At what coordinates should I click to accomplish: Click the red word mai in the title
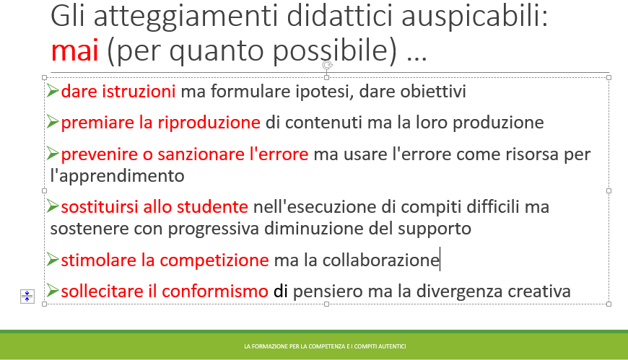tap(75, 51)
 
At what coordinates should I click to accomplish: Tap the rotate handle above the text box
tap(327, 65)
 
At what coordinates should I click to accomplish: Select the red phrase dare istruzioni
tap(118, 92)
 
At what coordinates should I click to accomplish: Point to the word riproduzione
tap(209, 123)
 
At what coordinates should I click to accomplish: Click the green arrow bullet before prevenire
tap(53, 153)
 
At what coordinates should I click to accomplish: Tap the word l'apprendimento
tap(118, 176)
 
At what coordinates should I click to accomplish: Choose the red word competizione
tap(214, 260)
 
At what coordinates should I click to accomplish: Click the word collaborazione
tap(381, 260)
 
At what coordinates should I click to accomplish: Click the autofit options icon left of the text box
tap(27, 297)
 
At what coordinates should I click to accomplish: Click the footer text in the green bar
tap(326, 346)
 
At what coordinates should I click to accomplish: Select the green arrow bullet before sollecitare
tap(53, 290)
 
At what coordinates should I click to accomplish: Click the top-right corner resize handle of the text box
tap(609, 77)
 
